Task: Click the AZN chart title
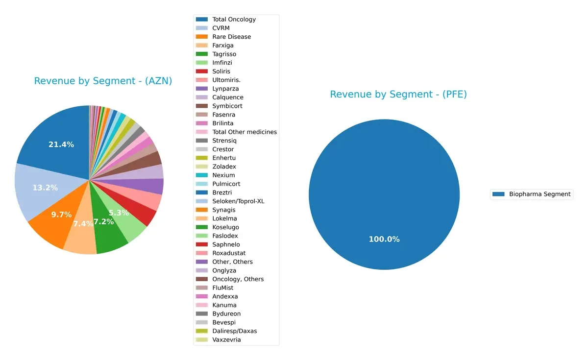coord(103,81)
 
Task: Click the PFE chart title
coord(398,95)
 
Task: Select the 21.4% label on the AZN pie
coord(61,144)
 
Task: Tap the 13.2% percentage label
coord(45,188)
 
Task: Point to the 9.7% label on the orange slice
coord(61,215)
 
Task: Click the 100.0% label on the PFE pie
coord(384,239)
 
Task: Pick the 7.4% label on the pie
coord(83,224)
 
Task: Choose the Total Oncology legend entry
coord(234,20)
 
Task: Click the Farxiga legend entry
coord(222,46)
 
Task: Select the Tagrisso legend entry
coord(224,54)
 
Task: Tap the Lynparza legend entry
coord(224,89)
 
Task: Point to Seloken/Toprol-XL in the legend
coord(239,201)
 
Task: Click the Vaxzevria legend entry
coord(226,340)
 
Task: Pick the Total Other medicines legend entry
coord(245,132)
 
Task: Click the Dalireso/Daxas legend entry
coord(234,331)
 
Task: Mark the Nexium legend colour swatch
coord(201,175)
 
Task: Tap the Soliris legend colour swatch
coord(201,72)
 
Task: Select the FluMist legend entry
coord(222,288)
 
